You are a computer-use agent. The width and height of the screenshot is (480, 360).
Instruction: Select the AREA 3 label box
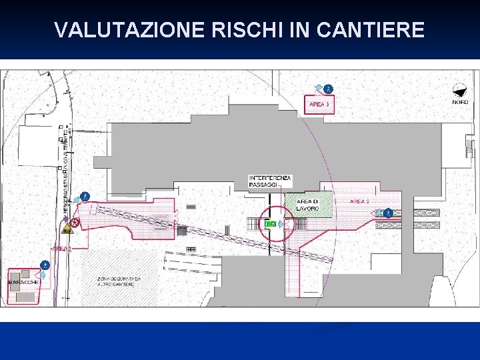pos(319,105)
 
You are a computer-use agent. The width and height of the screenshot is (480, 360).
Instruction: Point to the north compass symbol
pos(459,91)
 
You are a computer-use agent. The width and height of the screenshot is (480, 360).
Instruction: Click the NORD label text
pos(460,102)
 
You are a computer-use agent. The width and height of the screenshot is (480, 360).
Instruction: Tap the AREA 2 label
pos(359,201)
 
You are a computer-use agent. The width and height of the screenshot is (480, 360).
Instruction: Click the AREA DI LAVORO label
pos(307,205)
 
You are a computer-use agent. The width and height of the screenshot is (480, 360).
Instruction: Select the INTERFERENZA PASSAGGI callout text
pos(270,181)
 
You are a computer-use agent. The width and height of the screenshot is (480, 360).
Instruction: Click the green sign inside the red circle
pos(270,224)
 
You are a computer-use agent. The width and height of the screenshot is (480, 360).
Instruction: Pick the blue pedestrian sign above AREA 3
pos(328,88)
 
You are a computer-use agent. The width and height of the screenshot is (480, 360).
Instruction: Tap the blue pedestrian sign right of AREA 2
pos(388,213)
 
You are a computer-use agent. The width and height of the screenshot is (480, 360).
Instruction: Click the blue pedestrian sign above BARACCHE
pos(45,265)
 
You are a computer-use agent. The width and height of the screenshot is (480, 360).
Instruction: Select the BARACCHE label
pos(23,282)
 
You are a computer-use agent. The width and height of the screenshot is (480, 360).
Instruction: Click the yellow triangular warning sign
pos(67,229)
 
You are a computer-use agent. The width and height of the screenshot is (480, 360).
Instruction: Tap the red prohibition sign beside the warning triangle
pos(75,222)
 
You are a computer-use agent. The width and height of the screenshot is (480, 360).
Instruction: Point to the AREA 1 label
pos(61,248)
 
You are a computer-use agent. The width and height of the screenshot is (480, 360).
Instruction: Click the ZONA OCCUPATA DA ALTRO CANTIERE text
pos(119,281)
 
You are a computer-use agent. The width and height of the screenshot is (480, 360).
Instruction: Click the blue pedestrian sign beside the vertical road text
pos(85,197)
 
